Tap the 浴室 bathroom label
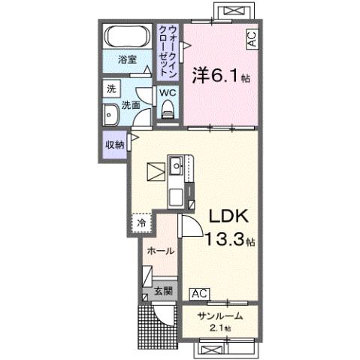click(x=126, y=59)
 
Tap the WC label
click(x=166, y=92)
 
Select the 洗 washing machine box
click(x=110, y=88)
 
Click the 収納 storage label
click(x=114, y=144)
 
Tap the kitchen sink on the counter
click(x=177, y=164)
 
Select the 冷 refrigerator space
click(x=140, y=223)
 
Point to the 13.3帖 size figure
click(x=230, y=241)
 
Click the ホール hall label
click(x=160, y=250)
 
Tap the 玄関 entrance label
click(x=163, y=291)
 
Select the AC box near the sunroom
click(x=200, y=293)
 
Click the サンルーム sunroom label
click(x=218, y=316)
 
